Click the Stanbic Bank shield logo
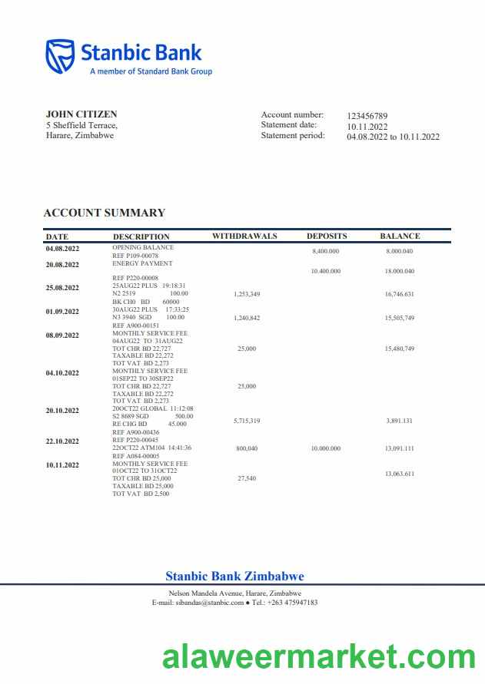pyautogui.click(x=60, y=57)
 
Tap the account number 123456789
pyautogui.click(x=367, y=115)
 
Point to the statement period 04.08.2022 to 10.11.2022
pyautogui.click(x=393, y=137)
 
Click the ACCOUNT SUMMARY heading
pyautogui.click(x=104, y=213)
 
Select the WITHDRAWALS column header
pyautogui.click(x=244, y=236)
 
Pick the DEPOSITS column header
pyautogui.click(x=327, y=236)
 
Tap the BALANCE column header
pyautogui.click(x=400, y=236)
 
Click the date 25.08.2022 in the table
pyautogui.click(x=62, y=288)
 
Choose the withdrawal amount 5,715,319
pyautogui.click(x=246, y=421)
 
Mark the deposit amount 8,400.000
pyautogui.click(x=325, y=252)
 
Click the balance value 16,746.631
pyautogui.click(x=399, y=294)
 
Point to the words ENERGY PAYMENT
pyautogui.click(x=142, y=263)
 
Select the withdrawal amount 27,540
pyautogui.click(x=246, y=477)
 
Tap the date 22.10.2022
pyautogui.click(x=62, y=441)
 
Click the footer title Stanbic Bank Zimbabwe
pyautogui.click(x=234, y=576)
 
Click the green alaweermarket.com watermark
pyautogui.click(x=318, y=657)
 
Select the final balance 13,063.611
pyautogui.click(x=399, y=474)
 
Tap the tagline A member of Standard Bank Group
pyautogui.click(x=151, y=71)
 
